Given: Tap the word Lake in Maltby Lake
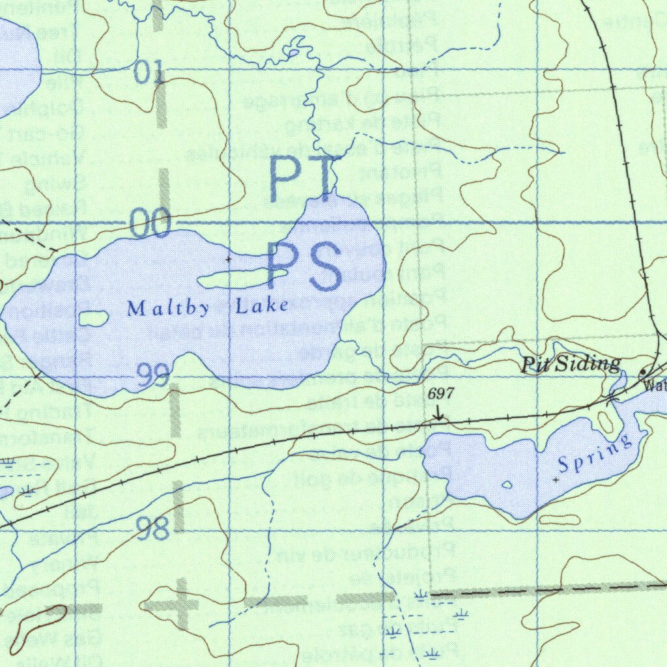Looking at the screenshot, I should pos(262,305).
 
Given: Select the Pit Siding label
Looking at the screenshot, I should pos(571,364).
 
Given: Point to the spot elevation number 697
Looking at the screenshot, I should pos(441,393).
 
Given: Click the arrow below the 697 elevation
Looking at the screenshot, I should pos(439,413).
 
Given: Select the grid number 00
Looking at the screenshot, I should pos(150,225).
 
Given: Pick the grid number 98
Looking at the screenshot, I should pos(153,529).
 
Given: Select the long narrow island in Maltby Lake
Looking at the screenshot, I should pos(242,279).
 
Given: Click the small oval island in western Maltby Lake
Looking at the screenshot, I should pos(92,319).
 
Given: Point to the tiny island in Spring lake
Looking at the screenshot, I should pos(507,485).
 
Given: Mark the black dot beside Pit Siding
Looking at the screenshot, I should pos(643,372).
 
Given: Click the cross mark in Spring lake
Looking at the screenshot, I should pos(555,480).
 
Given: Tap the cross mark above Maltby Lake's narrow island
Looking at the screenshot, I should pos(228,259).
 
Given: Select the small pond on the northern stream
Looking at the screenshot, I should pos(294,51).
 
